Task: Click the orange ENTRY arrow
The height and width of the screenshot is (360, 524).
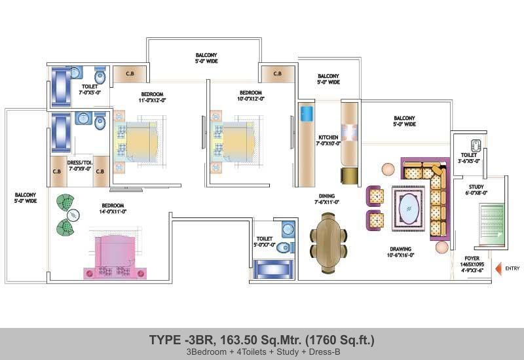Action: (498, 268)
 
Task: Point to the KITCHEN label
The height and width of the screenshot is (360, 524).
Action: (328, 137)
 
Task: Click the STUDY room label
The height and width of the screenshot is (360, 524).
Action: (476, 187)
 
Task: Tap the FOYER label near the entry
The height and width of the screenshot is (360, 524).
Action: (472, 258)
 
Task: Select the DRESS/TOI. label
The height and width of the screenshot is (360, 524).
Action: (80, 162)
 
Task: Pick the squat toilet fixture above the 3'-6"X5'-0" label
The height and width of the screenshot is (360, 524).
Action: (476, 145)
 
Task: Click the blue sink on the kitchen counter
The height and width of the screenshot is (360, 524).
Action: (307, 113)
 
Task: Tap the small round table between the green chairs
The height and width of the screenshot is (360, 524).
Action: (73, 215)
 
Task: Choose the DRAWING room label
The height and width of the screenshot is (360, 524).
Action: (400, 249)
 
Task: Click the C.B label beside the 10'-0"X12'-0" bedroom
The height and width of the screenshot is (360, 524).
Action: (277, 73)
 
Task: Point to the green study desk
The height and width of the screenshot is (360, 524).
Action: (491, 225)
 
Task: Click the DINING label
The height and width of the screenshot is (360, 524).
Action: (327, 196)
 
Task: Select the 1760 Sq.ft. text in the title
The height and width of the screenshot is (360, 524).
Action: (340, 340)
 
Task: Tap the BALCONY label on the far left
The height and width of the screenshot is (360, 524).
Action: (26, 194)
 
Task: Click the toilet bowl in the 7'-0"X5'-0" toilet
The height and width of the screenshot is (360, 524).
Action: (100, 76)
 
